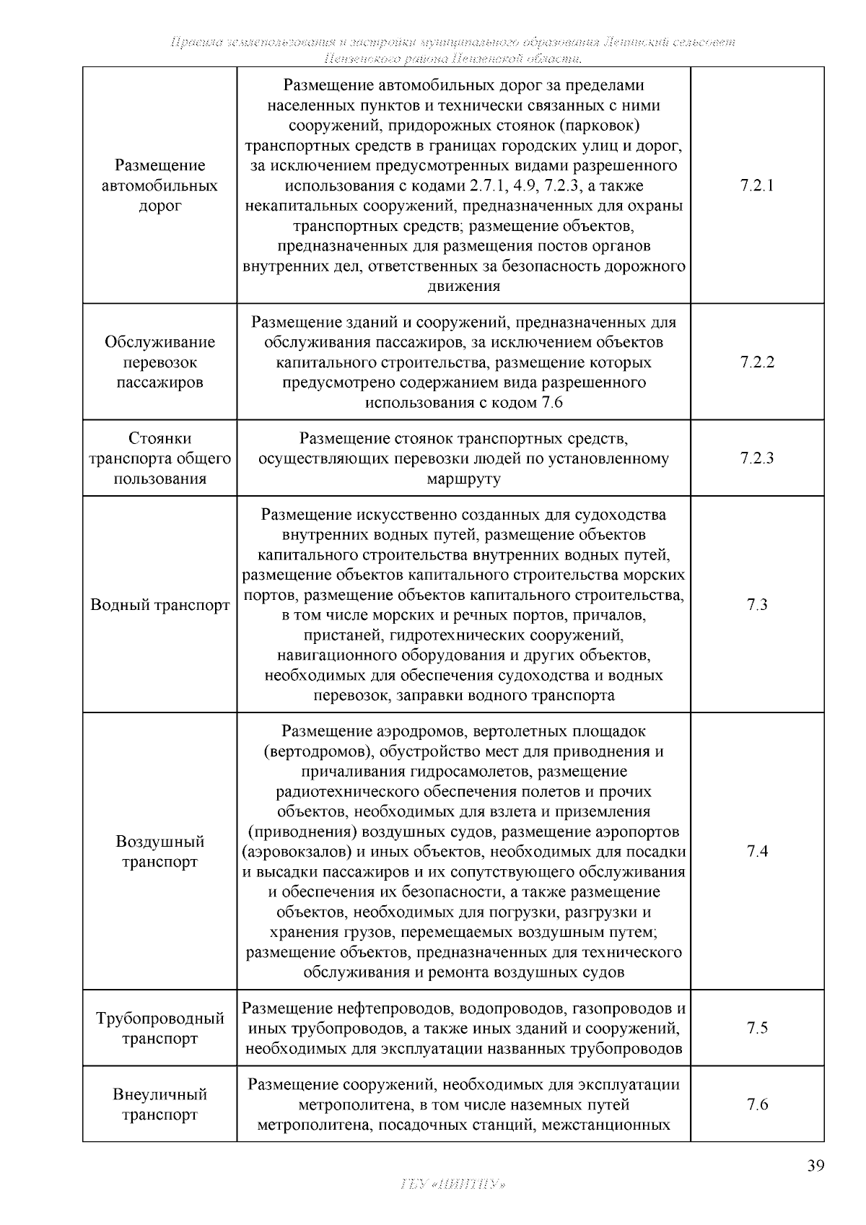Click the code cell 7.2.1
[756, 186]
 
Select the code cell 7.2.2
[756, 362]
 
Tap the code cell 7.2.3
[756, 458]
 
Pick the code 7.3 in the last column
[756, 605]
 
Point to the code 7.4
[756, 851]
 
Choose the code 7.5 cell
[756, 1028]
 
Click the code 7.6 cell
[756, 1104]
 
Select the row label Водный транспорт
[159, 605]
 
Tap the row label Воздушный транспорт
[159, 852]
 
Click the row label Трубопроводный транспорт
[159, 1029]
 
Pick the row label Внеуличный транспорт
[159, 1104]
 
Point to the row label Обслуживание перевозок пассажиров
[159, 362]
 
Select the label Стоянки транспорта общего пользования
[159, 458]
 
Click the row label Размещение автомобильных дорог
[159, 186]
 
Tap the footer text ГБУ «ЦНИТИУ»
[452, 1185]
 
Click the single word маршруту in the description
[463, 479]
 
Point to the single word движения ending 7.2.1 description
[463, 286]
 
